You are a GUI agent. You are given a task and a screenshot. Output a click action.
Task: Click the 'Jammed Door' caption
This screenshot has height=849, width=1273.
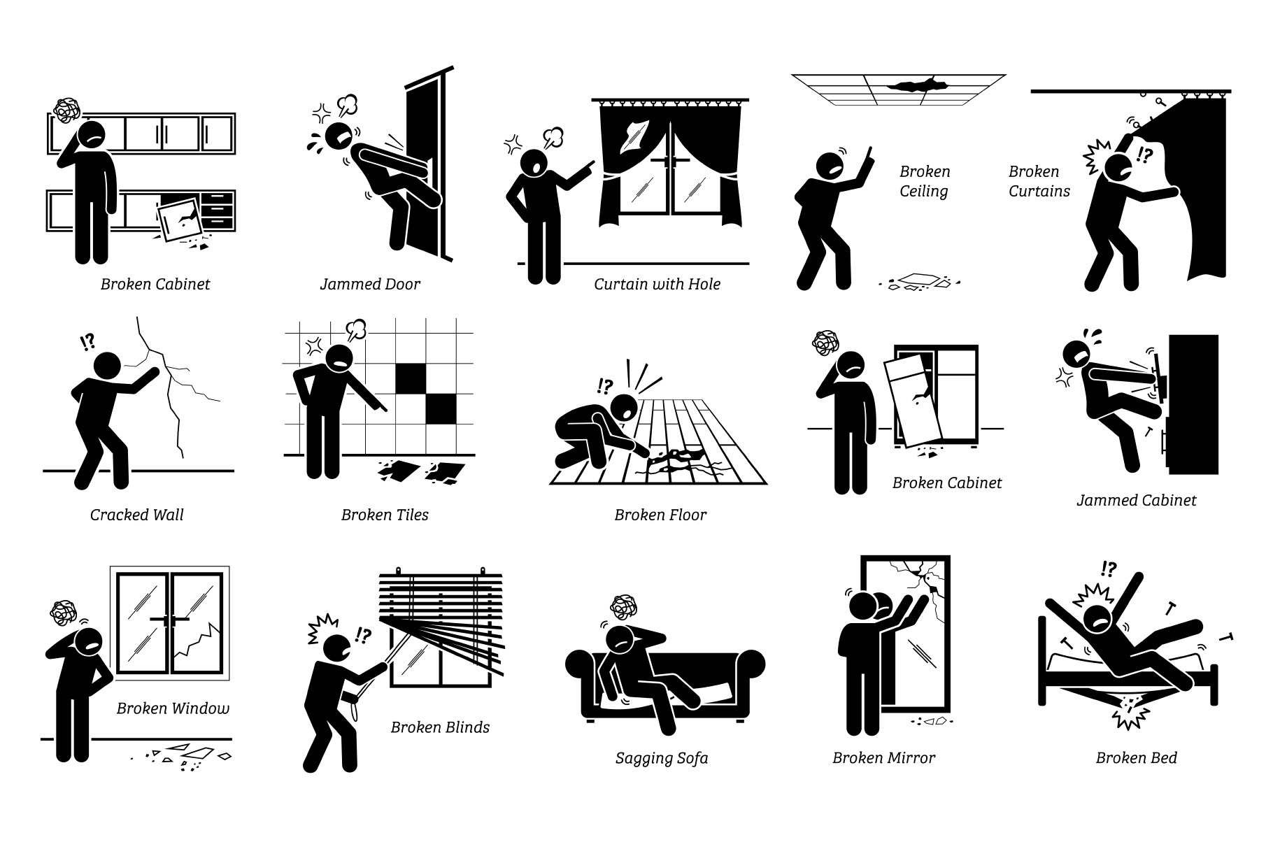tap(370, 284)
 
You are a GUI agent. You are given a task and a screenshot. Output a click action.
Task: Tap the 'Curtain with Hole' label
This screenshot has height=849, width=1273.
tap(657, 284)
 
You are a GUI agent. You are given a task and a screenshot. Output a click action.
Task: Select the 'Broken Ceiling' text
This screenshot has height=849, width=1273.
tap(925, 181)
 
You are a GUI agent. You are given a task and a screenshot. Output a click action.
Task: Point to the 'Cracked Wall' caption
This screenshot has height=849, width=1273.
tap(136, 515)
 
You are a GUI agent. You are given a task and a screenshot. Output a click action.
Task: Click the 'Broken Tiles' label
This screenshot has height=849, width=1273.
tap(385, 515)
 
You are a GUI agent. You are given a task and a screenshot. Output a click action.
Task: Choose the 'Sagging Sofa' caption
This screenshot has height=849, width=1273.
tap(662, 758)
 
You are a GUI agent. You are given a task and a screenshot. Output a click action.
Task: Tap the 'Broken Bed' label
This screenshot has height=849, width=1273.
tap(1137, 757)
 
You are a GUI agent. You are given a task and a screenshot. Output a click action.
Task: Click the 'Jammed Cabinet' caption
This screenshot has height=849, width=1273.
tap(1137, 500)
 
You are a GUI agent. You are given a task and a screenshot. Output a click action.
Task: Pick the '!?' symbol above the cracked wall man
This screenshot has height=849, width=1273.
tap(87, 342)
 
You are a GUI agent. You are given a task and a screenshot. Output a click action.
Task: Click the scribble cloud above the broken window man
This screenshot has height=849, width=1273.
tap(66, 613)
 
